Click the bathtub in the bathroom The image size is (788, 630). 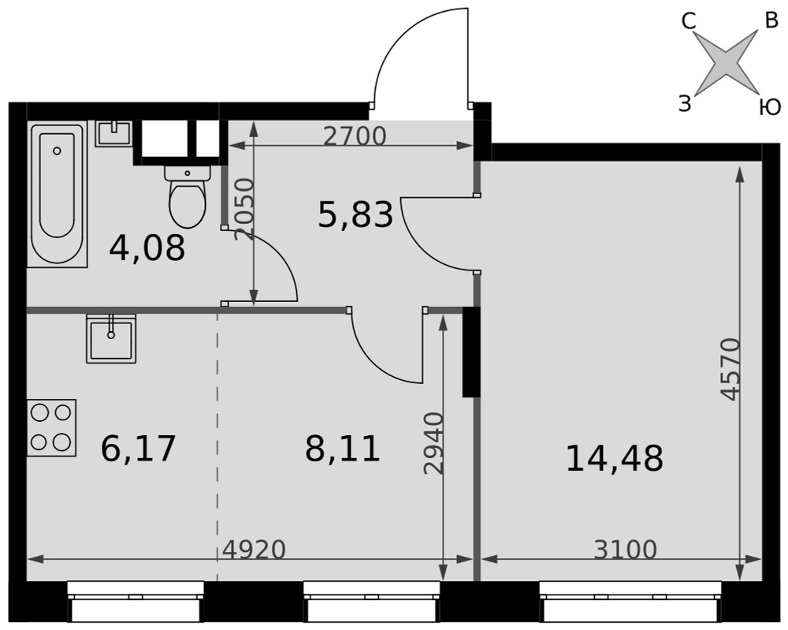pyautogui.click(x=58, y=194)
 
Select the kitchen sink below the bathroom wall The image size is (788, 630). pyautogui.click(x=111, y=338)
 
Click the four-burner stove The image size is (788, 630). pyautogui.click(x=51, y=428)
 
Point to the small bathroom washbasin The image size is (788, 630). pyautogui.click(x=114, y=133)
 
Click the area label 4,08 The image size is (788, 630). pyautogui.click(x=147, y=248)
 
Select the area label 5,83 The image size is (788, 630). pyautogui.click(x=356, y=214)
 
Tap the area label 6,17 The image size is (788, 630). pyautogui.click(x=138, y=449)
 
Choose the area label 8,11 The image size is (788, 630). pyautogui.click(x=342, y=449)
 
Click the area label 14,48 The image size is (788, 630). pyautogui.click(x=615, y=459)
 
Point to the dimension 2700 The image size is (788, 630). pyautogui.click(x=355, y=136)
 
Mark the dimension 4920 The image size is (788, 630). pyautogui.click(x=254, y=550)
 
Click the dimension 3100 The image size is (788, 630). pyautogui.click(x=625, y=550)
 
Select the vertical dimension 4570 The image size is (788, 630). pyautogui.click(x=730, y=369)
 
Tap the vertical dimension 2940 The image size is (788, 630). pyautogui.click(x=433, y=443)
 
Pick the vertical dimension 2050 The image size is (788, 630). pyautogui.click(x=244, y=210)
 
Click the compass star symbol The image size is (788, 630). pyautogui.click(x=727, y=62)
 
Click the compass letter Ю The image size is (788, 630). pyautogui.click(x=769, y=107)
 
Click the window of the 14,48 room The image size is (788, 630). pyautogui.click(x=630, y=602)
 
